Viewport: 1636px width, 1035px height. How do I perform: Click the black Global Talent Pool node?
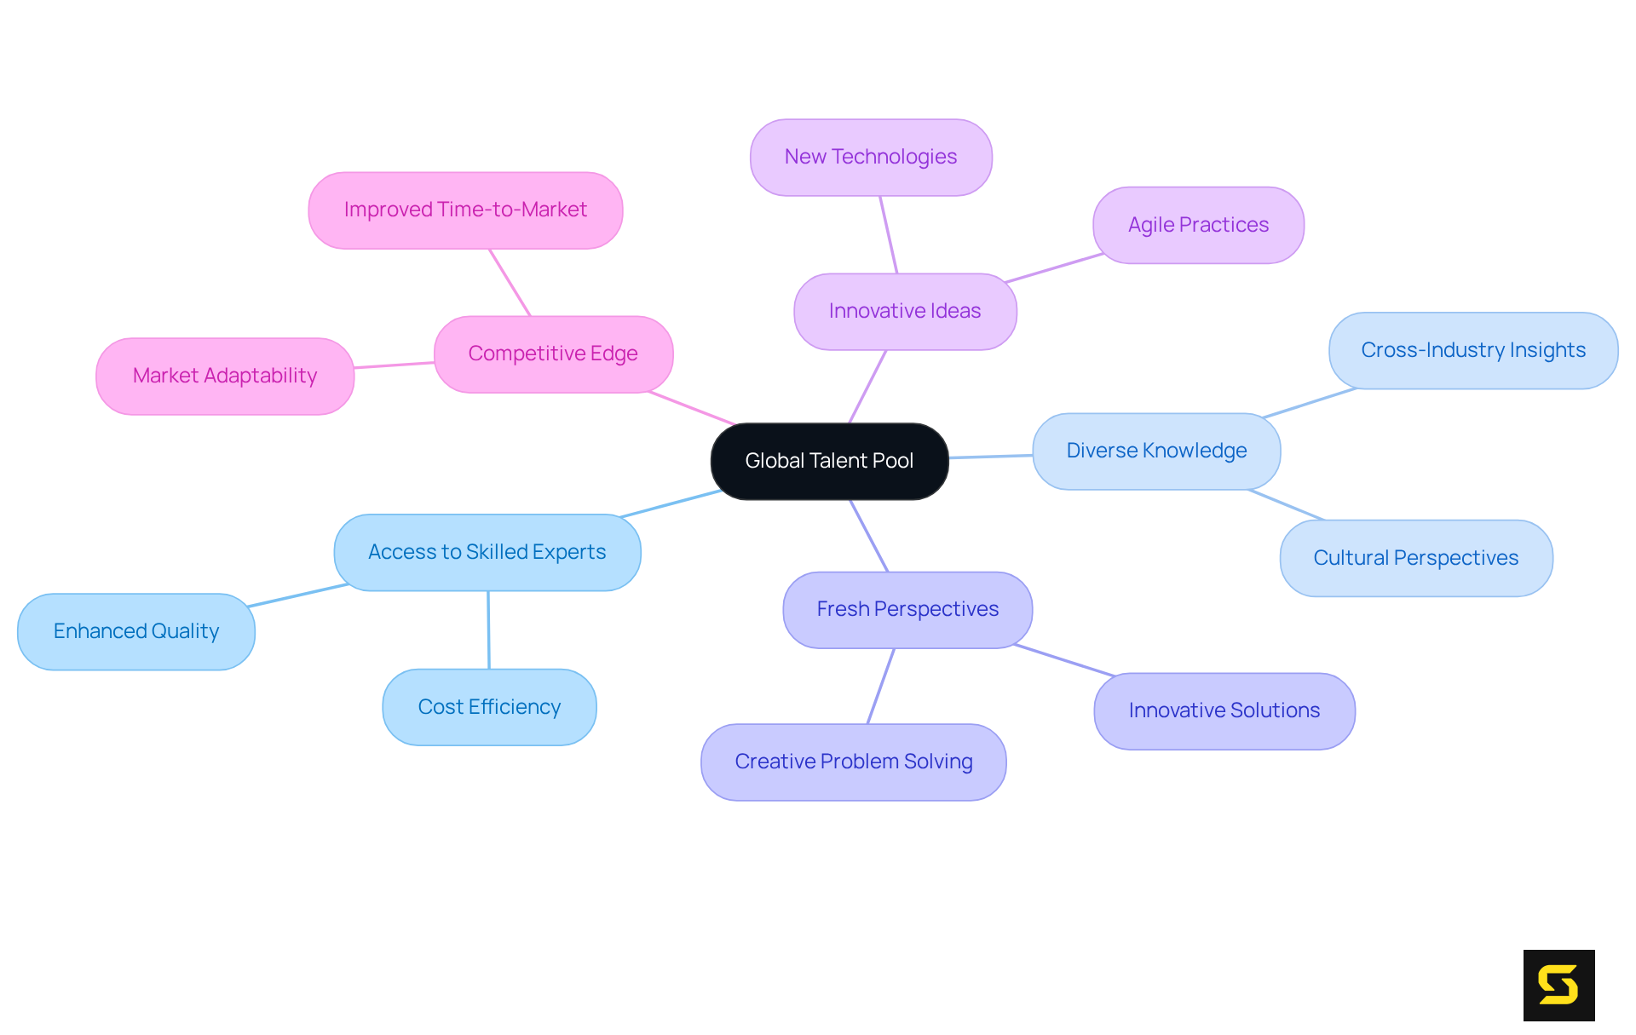[x=829, y=461]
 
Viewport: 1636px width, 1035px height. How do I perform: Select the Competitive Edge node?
[x=553, y=354]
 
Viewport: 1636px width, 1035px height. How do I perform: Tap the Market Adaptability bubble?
[x=225, y=376]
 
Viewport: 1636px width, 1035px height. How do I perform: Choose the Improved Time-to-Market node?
[x=465, y=210]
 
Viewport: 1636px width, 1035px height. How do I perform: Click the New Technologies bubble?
[x=871, y=157]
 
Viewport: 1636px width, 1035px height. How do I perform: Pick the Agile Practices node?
[x=1198, y=225]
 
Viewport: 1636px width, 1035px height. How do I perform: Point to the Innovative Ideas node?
[x=905, y=311]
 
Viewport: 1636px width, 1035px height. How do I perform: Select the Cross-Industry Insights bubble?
[x=1473, y=350]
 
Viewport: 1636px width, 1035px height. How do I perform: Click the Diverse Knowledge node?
[x=1156, y=451]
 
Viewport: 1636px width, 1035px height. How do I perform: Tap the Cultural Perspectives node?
[x=1416, y=558]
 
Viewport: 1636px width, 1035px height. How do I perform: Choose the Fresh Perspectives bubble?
[x=907, y=609]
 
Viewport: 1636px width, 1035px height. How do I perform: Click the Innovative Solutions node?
[x=1224, y=710]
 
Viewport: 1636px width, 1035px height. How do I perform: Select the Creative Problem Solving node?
[x=854, y=762]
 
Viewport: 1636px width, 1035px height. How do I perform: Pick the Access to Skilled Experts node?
[x=487, y=552]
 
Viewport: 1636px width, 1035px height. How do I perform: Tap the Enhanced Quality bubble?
[x=136, y=631]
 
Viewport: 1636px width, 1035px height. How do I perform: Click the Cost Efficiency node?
[x=489, y=707]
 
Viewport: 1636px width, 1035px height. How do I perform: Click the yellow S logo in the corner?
[x=1558, y=985]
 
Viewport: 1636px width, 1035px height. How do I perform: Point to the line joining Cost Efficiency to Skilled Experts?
[x=488, y=630]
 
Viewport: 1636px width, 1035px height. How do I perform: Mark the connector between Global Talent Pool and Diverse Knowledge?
[x=990, y=457]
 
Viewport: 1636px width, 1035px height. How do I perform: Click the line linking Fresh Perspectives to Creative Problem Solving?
[x=881, y=686]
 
